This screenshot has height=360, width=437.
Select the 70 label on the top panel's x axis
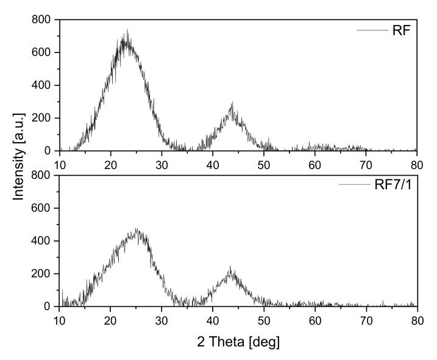(x=366, y=164)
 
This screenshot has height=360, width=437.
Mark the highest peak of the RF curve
(x=127, y=30)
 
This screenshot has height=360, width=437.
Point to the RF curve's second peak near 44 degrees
(x=232, y=103)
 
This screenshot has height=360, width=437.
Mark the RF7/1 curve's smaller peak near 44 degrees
(x=230, y=267)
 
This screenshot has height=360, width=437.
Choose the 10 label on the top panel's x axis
(x=60, y=164)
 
